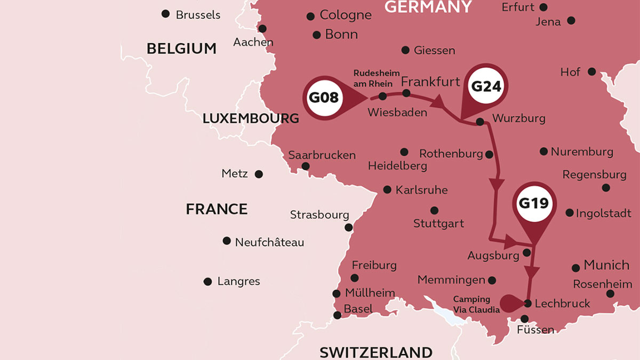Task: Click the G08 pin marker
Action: (324, 98)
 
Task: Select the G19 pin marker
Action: (534, 204)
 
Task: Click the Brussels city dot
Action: (166, 14)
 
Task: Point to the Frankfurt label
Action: (430, 82)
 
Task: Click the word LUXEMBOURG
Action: (251, 119)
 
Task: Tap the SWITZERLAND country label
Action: (376, 352)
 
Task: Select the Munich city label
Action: (606, 265)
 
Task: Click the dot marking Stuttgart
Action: (434, 210)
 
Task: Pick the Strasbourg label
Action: (319, 215)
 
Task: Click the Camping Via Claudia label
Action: (472, 305)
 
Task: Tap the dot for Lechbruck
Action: (527, 303)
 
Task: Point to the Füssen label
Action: (535, 330)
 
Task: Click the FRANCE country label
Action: (217, 209)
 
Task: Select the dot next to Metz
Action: (259, 174)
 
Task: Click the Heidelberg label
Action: (397, 166)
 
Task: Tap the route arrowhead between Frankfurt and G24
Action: (441, 101)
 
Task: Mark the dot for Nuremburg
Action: (543, 151)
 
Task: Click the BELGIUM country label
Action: (181, 49)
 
